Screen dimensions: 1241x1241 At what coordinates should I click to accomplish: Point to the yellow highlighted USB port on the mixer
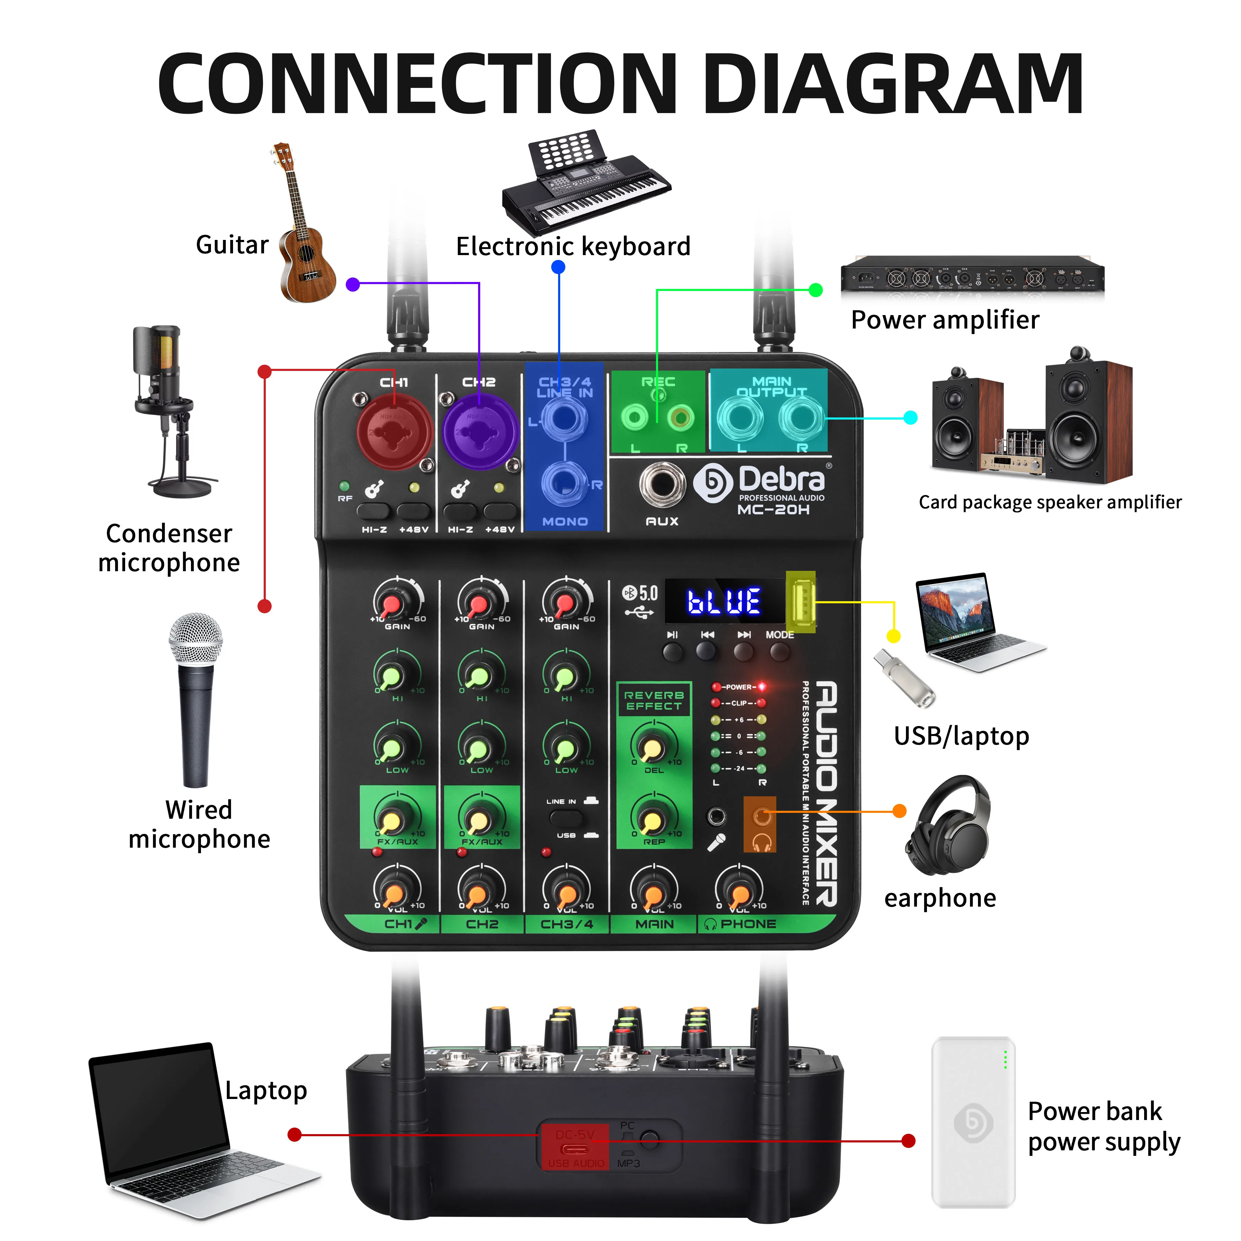pyautogui.click(x=800, y=602)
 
